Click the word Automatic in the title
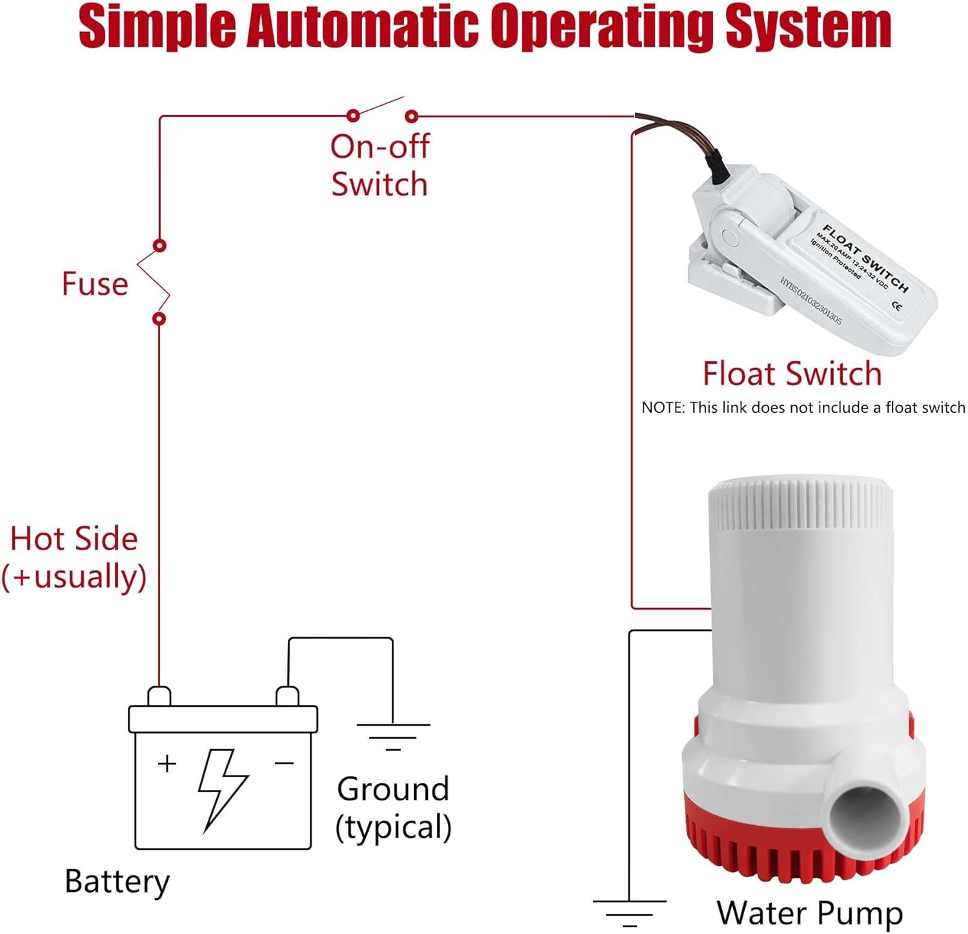click(362, 27)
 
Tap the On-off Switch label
click(379, 165)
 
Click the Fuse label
click(95, 284)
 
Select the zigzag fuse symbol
click(154, 282)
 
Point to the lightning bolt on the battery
click(221, 789)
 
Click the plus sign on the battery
click(167, 764)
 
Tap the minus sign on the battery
click(284, 764)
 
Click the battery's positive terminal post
click(159, 697)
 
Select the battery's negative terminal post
click(287, 697)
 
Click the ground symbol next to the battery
click(393, 736)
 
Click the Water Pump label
click(809, 913)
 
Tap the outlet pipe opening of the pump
click(857, 820)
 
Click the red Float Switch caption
click(792, 374)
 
